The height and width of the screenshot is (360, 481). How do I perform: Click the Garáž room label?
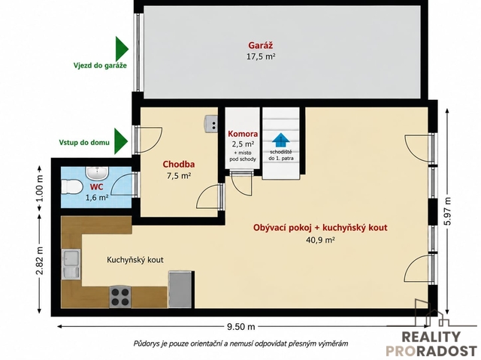(261, 45)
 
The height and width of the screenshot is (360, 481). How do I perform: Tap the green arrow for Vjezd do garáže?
(122, 49)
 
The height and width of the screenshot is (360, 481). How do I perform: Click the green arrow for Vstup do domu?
(121, 141)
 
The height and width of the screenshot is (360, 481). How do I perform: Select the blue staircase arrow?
(280, 141)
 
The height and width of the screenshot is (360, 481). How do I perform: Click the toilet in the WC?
(71, 186)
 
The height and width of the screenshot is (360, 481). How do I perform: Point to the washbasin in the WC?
(97, 174)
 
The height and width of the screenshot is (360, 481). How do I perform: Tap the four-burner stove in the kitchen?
(120, 297)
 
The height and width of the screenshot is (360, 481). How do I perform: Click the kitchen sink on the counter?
(71, 264)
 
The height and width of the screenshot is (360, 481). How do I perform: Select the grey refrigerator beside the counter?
(181, 289)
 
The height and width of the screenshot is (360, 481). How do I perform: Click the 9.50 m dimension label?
(240, 327)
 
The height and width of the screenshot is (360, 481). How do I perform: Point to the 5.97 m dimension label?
(448, 211)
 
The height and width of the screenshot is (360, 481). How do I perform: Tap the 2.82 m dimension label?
(40, 261)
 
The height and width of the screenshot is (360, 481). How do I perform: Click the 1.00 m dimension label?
(40, 188)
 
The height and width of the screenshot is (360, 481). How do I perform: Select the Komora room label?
(243, 134)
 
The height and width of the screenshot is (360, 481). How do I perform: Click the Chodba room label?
(179, 165)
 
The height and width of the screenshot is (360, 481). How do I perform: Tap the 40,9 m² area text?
(320, 240)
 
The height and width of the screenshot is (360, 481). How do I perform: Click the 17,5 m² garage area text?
(261, 56)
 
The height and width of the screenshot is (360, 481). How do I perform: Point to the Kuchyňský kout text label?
(135, 260)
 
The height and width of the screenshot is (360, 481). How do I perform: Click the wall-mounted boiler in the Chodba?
(211, 123)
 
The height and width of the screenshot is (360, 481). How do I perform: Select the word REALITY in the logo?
(431, 337)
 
